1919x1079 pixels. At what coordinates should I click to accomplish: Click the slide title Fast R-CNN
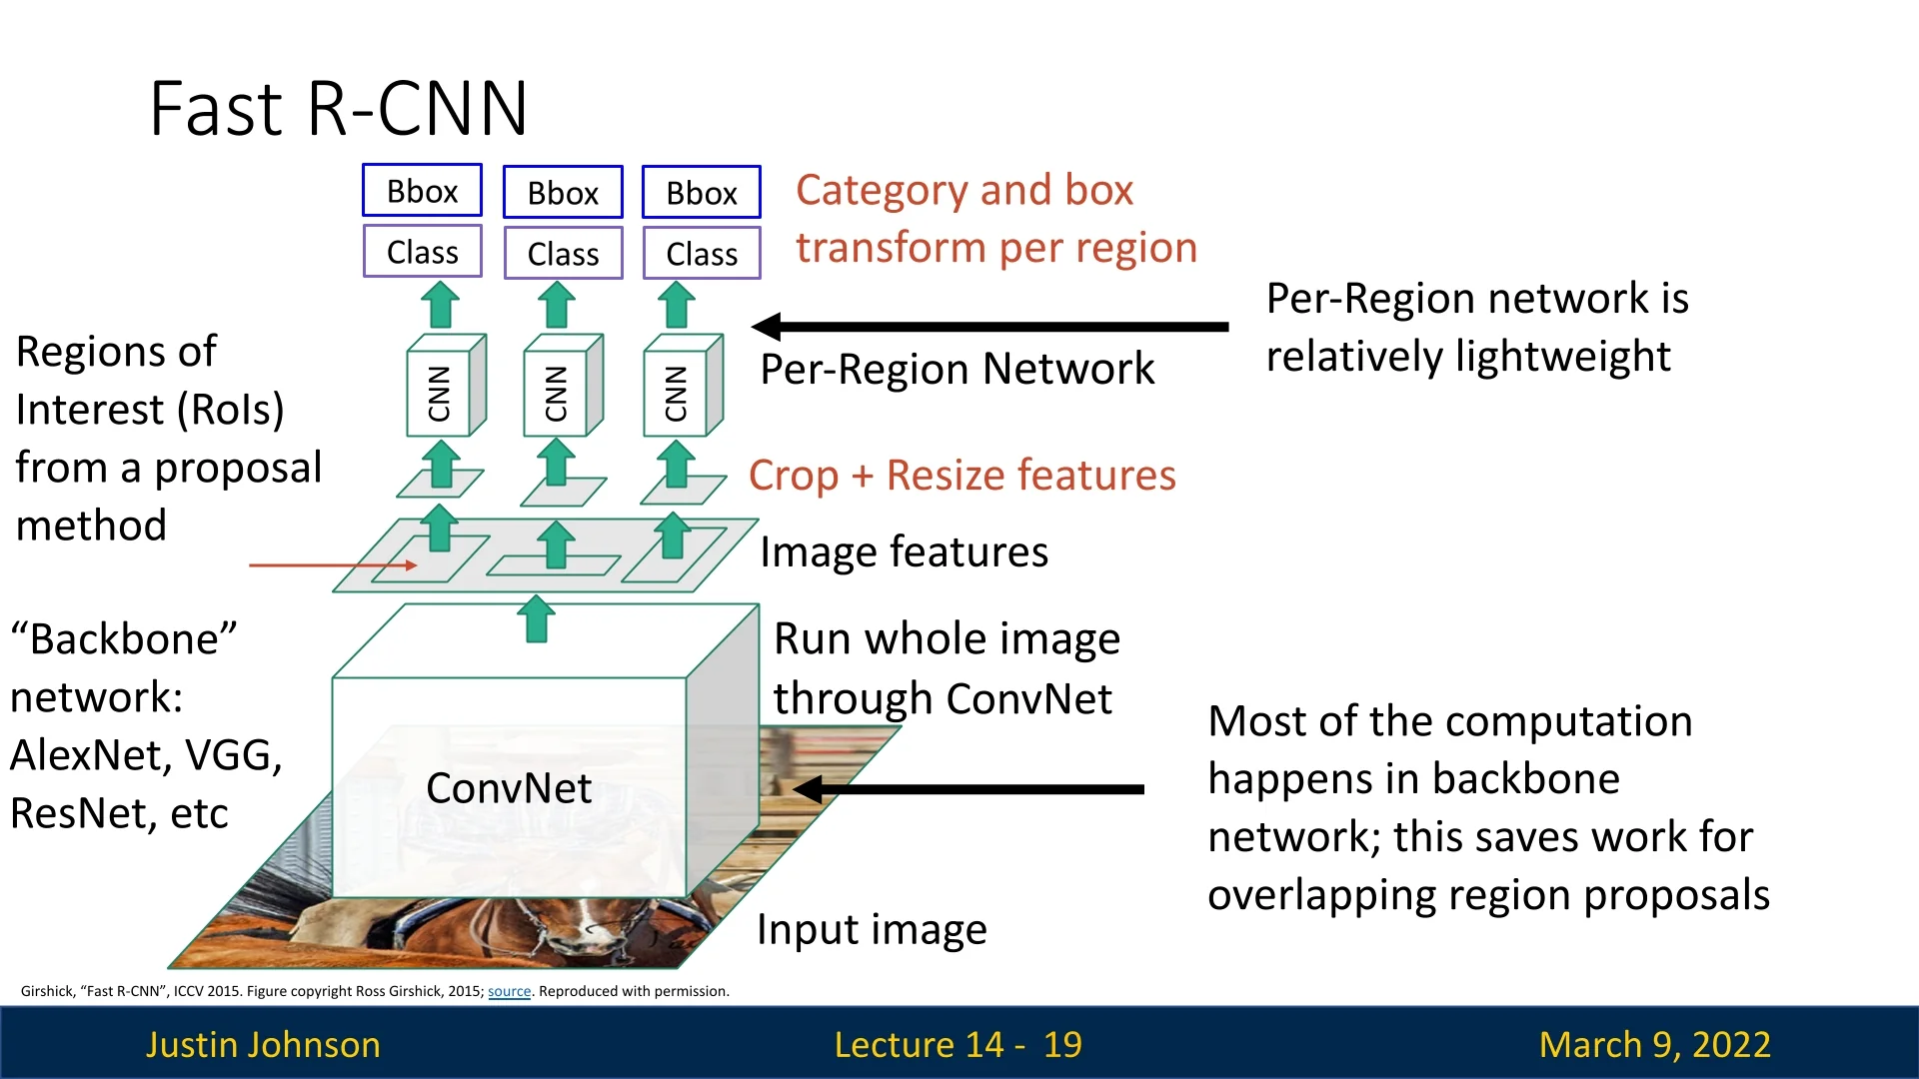(x=338, y=108)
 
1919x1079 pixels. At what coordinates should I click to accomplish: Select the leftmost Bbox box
(x=422, y=191)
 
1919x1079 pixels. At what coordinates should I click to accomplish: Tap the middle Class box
(x=563, y=254)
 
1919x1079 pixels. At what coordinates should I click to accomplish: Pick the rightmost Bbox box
(x=702, y=193)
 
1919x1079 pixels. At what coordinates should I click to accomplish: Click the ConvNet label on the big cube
(x=509, y=788)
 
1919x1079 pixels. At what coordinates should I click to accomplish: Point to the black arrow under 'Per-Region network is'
(x=989, y=326)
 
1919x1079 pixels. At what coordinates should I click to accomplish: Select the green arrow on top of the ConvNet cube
(x=537, y=618)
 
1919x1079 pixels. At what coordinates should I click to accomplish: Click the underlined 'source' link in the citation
(x=509, y=991)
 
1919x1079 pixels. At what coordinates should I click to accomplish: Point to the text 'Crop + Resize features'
(x=961, y=476)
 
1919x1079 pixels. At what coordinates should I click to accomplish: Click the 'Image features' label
(x=904, y=552)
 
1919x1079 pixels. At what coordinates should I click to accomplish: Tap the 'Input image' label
(x=872, y=930)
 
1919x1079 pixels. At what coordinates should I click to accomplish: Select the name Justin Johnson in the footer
(x=263, y=1044)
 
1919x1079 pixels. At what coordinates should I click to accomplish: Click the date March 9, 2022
(x=1654, y=1044)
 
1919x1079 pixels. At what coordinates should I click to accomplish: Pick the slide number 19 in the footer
(x=1062, y=1044)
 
